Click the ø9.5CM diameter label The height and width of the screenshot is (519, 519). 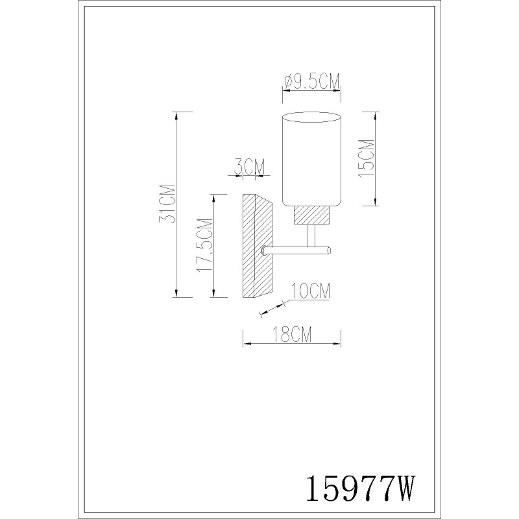click(312, 82)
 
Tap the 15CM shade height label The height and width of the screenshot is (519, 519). click(367, 159)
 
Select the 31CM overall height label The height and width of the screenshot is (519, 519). click(167, 204)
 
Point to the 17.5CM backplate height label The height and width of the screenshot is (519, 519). click(204, 245)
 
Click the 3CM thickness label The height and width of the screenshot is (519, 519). click(250, 167)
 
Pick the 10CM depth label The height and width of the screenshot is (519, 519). click(311, 291)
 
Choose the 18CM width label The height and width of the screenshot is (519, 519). click(292, 334)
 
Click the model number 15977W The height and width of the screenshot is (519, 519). click(360, 489)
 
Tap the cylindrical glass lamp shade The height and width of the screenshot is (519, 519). click(311, 159)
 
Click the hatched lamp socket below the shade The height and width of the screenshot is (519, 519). click(311, 215)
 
